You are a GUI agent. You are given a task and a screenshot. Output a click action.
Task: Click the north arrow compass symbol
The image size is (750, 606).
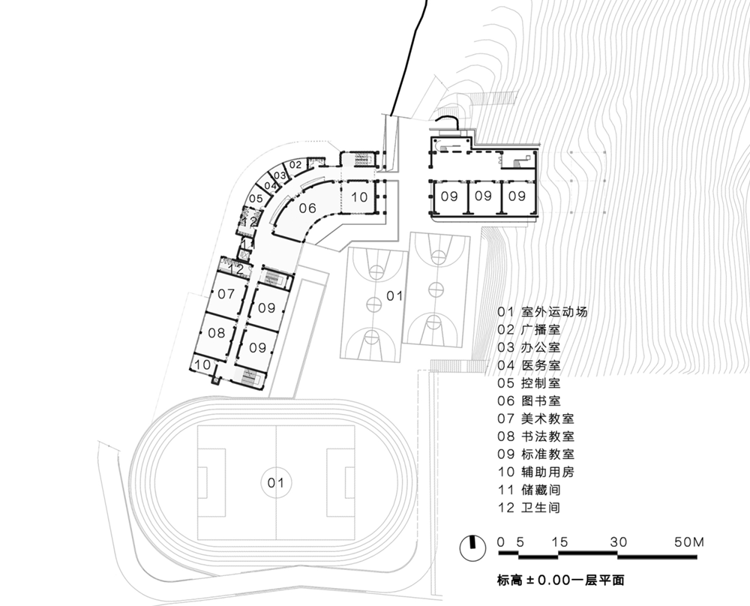[x=472, y=547]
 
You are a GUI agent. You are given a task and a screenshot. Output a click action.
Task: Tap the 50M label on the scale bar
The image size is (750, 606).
[x=688, y=542]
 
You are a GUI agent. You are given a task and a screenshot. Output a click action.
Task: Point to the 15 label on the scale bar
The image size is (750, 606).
[x=559, y=542]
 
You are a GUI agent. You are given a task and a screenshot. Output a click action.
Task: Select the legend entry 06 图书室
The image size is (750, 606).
[x=529, y=400]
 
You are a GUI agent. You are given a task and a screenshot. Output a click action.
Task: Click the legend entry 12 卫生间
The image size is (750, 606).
[x=529, y=508]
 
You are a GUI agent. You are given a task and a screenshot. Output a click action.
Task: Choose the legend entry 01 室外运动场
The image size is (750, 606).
[x=542, y=312]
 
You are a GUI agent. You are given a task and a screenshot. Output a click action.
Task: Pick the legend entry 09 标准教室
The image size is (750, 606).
[x=535, y=454]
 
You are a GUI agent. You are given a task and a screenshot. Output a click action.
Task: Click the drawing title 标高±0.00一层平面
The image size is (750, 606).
[x=560, y=580]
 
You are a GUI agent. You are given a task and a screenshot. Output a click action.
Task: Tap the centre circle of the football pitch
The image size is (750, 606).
[x=276, y=482]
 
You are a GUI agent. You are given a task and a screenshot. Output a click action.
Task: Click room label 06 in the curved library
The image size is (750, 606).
[x=307, y=208]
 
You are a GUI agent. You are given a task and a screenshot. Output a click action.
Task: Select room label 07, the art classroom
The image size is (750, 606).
[x=226, y=294]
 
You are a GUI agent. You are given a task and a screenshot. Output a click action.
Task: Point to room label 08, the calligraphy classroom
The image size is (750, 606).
[x=217, y=333]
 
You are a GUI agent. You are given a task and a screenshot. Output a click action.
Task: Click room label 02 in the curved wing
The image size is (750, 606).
[x=295, y=165]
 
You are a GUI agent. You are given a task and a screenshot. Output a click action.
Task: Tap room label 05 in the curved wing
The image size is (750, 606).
[x=256, y=199]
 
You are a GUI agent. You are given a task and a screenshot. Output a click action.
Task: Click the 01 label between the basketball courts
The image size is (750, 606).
[x=394, y=296]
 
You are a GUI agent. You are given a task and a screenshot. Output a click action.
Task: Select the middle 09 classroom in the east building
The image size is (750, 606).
[x=483, y=196]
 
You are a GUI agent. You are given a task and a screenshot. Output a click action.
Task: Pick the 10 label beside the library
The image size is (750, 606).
[x=359, y=196]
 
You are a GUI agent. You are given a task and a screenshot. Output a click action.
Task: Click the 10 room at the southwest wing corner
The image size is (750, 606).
[x=202, y=364]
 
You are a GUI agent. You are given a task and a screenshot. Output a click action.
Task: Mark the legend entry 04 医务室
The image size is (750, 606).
[x=529, y=365]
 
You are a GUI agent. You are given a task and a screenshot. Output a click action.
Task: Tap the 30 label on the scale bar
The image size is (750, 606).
[x=619, y=542]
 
